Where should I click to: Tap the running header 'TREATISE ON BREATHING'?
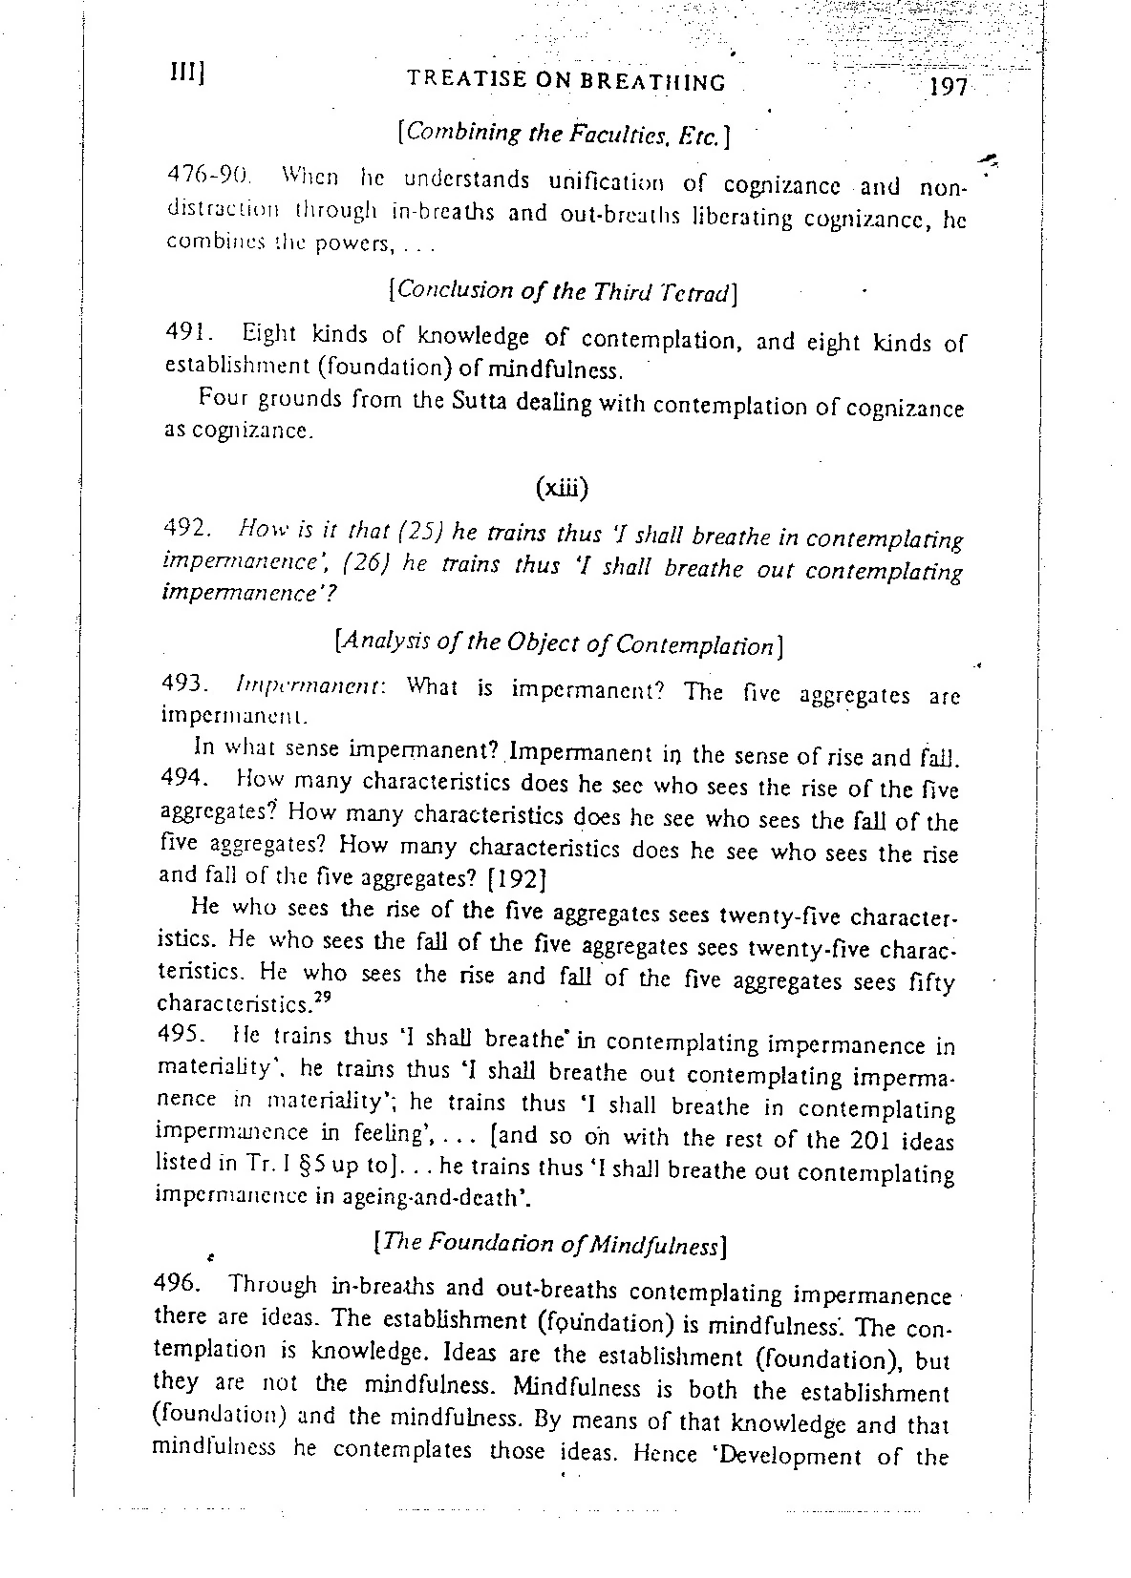click(566, 81)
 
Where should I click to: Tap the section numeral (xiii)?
click(562, 488)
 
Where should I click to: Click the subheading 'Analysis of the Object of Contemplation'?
click(560, 645)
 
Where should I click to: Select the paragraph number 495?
click(182, 1035)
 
